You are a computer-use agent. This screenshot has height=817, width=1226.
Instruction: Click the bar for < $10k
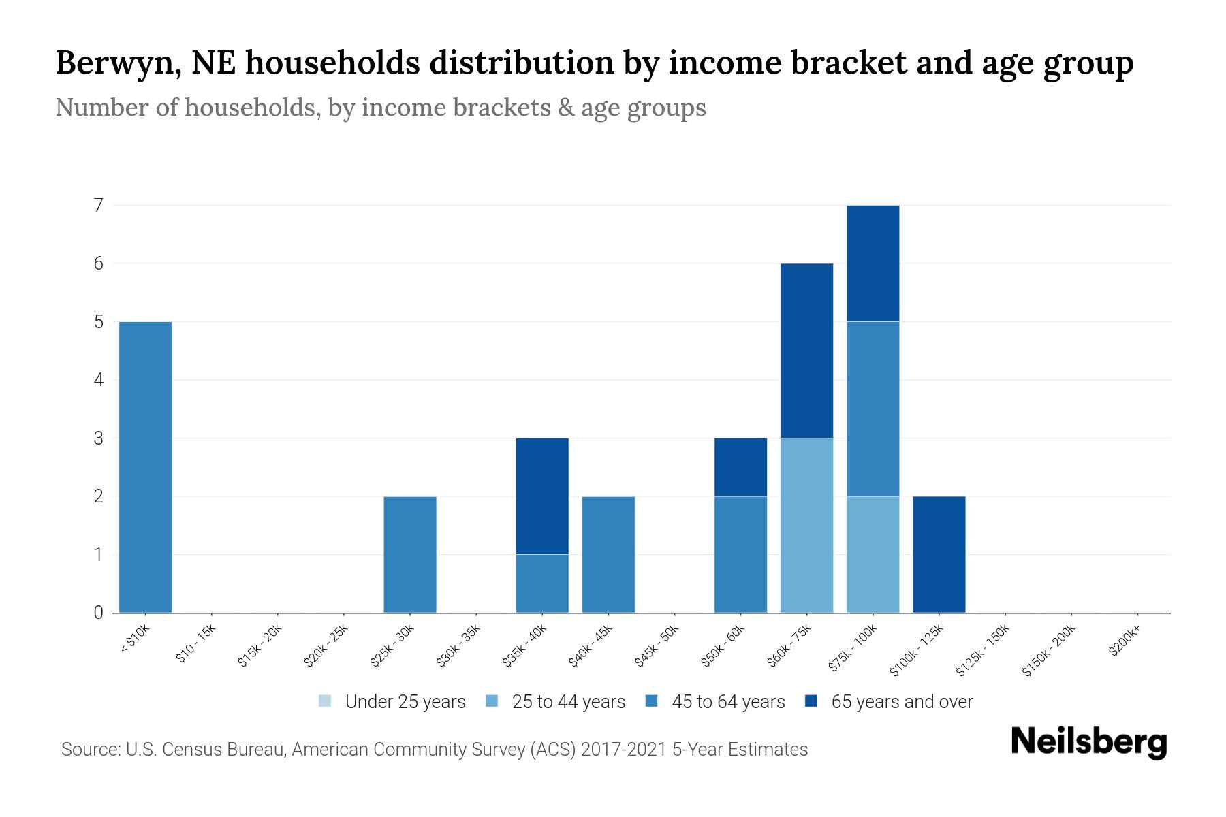[x=145, y=467]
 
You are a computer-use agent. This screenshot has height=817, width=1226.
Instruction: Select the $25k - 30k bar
[x=410, y=554]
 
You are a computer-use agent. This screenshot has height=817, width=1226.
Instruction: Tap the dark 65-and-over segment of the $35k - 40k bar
[x=542, y=496]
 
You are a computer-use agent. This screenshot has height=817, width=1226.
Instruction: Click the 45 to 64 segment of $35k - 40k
[x=542, y=583]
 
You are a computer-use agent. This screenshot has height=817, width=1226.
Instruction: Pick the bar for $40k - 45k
[x=608, y=554]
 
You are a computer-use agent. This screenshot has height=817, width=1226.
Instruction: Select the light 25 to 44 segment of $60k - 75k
[x=806, y=525]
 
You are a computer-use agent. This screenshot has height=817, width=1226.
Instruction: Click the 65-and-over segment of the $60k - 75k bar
[x=806, y=350]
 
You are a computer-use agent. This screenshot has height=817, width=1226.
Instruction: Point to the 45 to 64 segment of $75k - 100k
[x=873, y=408]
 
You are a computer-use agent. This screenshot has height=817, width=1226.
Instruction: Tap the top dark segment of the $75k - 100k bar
[x=873, y=263]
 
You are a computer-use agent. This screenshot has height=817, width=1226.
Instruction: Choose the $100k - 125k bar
[x=939, y=554]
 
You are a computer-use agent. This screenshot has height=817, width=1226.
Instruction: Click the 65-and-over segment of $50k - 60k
[x=740, y=467]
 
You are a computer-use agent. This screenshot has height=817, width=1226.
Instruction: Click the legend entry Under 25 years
[x=392, y=701]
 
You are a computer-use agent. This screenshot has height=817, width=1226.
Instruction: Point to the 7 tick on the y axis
[x=99, y=205]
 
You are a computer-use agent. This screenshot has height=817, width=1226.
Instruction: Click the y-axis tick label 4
[x=99, y=379]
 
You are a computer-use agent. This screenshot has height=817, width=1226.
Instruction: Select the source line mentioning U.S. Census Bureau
[x=434, y=750]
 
